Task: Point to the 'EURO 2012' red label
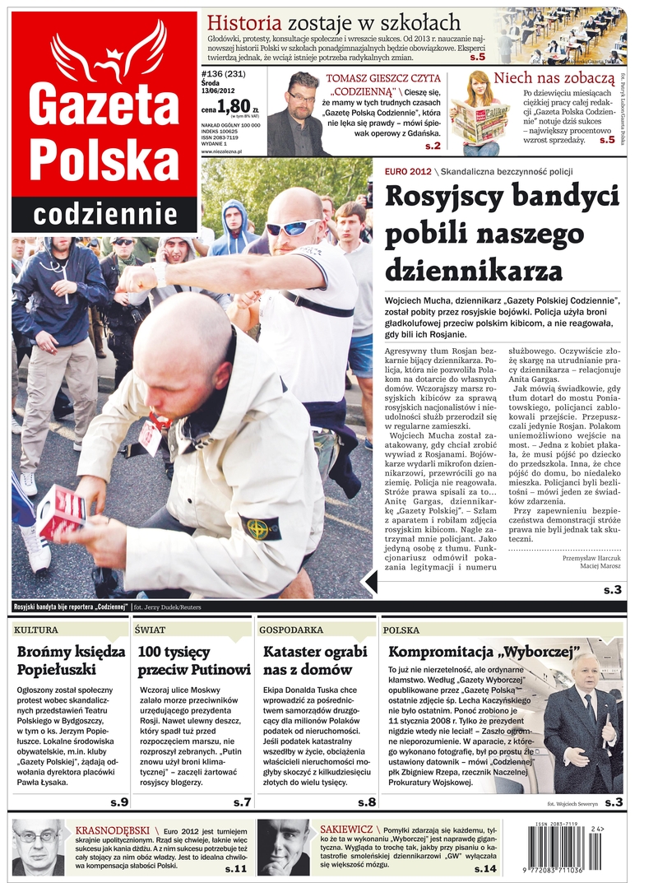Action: pos(407,171)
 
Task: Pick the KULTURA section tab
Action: pos(36,630)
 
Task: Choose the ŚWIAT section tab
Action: pos(151,630)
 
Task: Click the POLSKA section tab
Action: pos(401,630)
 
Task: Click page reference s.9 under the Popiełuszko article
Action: pos(118,802)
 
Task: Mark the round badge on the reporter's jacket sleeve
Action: pos(262,527)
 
